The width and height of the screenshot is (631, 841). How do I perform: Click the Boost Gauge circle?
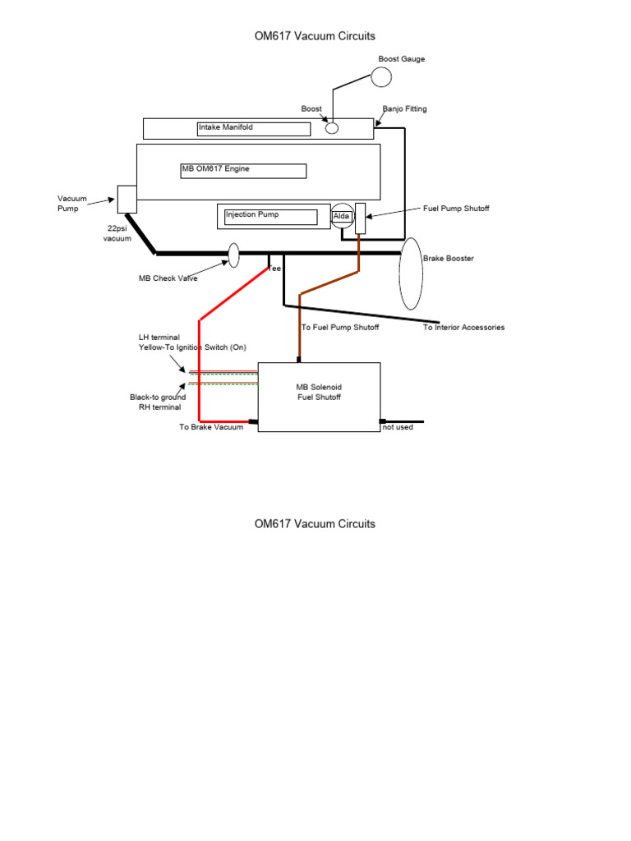(x=380, y=76)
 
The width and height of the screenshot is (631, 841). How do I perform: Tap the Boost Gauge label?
(x=401, y=59)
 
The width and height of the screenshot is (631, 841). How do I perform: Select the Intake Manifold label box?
(x=254, y=128)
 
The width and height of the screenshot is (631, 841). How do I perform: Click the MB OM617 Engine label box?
(x=243, y=170)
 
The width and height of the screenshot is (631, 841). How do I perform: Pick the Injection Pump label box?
(x=271, y=216)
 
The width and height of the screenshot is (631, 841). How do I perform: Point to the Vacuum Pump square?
(x=127, y=199)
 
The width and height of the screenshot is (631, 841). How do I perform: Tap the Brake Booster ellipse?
(x=411, y=273)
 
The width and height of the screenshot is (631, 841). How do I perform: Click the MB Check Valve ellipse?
(x=233, y=255)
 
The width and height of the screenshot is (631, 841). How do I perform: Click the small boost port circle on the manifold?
(x=332, y=127)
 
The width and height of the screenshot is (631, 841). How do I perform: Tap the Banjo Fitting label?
(x=405, y=109)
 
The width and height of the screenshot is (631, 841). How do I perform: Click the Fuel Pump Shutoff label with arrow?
(x=455, y=209)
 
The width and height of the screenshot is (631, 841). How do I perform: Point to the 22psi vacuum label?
(x=117, y=233)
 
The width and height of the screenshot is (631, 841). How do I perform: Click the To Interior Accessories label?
(x=463, y=328)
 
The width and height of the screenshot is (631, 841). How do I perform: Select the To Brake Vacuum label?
(x=211, y=427)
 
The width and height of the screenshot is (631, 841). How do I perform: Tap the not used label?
(x=398, y=428)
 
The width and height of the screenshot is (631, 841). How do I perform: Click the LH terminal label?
(x=159, y=338)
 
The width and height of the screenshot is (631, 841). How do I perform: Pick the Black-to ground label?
(x=157, y=398)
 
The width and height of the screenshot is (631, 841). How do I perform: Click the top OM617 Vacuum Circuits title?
(x=315, y=36)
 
